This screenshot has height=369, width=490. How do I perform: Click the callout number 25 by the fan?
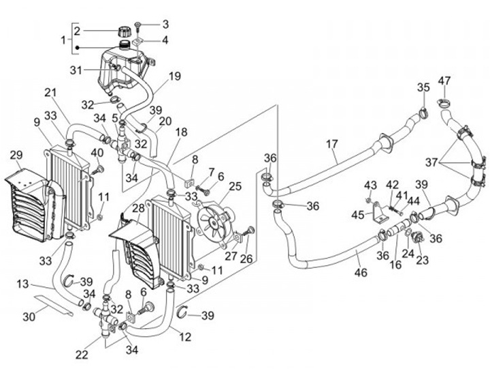pyautogui.click(x=235, y=186)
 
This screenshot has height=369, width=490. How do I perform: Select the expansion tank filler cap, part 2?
pyautogui.click(x=124, y=31)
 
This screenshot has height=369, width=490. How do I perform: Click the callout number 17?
pyautogui.click(x=332, y=144)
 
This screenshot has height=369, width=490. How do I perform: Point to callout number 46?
pyautogui.click(x=361, y=272)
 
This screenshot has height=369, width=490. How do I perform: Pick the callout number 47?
pyautogui.click(x=444, y=80)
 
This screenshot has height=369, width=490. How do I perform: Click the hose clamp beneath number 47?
pyautogui.click(x=443, y=102)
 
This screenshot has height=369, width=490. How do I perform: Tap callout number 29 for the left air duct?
pyautogui.click(x=16, y=155)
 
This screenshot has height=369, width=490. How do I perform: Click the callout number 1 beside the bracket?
pyautogui.click(x=63, y=40)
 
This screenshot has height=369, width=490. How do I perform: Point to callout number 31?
pyautogui.click(x=76, y=70)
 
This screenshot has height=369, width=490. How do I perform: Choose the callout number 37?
pyautogui.click(x=431, y=162)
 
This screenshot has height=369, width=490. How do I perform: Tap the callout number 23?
pyautogui.click(x=422, y=260)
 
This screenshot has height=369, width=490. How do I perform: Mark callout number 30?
pyautogui.click(x=29, y=316)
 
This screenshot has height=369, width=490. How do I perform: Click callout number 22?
pyautogui.click(x=82, y=355)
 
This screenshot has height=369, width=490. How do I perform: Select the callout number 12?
pyautogui.click(x=185, y=337)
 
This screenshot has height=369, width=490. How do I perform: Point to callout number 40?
pyautogui.click(x=97, y=153)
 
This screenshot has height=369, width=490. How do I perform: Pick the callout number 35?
pyautogui.click(x=423, y=87)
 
